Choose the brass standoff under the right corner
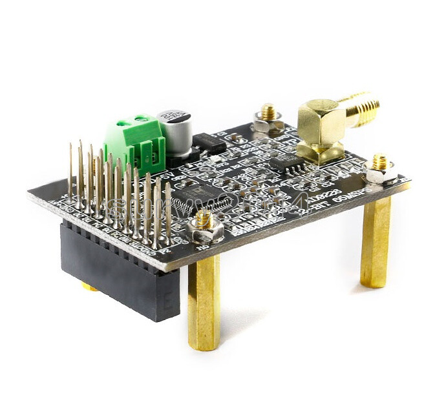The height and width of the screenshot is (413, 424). point(376,242)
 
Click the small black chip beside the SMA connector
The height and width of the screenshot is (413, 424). point(284,161)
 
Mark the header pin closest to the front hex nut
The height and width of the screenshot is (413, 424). point(169,213)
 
